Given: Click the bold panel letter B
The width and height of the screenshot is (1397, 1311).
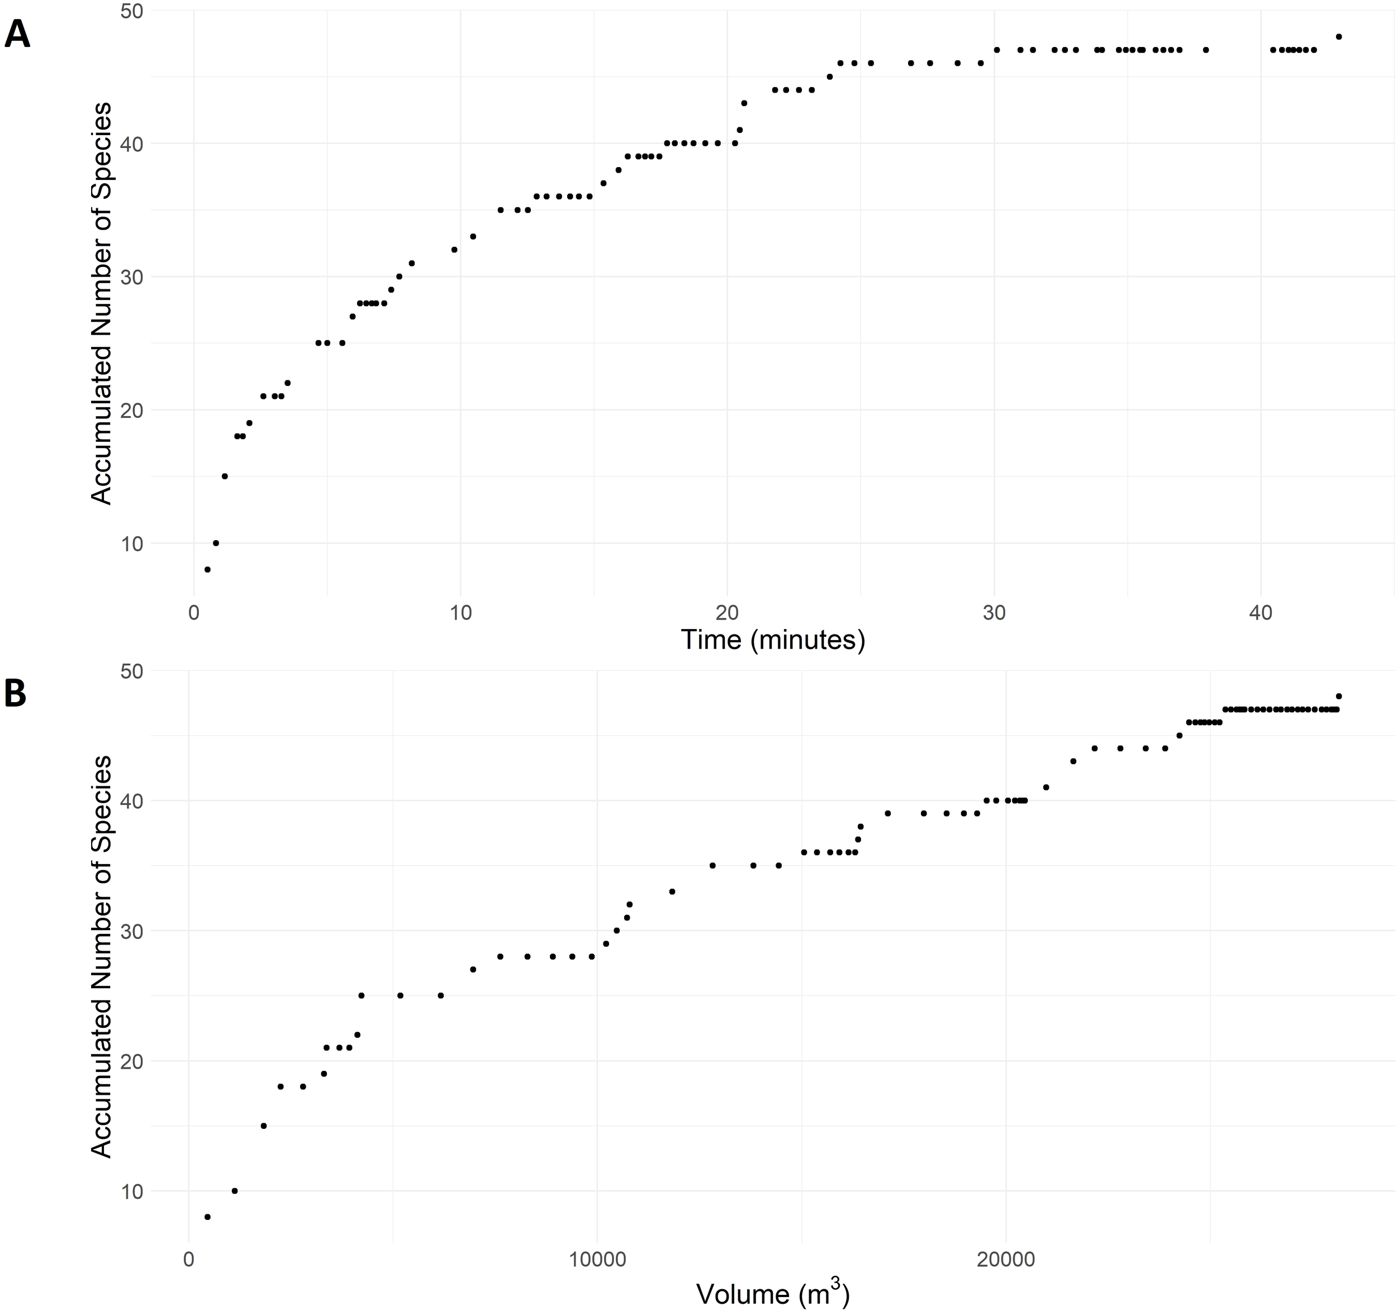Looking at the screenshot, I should tap(16, 693).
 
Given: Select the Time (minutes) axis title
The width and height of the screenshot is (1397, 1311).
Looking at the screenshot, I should tap(772, 640).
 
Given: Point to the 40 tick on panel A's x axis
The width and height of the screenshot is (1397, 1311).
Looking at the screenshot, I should tap(1261, 613).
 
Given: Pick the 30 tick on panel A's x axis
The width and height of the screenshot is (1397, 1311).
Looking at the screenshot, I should tap(994, 613).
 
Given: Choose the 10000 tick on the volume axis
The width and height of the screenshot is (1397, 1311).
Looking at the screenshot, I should tap(597, 1259).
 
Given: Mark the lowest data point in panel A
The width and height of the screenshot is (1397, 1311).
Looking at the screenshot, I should tap(207, 569).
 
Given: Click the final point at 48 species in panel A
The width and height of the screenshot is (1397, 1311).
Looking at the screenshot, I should tap(1339, 36).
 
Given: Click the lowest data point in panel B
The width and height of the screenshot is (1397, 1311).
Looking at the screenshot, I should tap(207, 1217).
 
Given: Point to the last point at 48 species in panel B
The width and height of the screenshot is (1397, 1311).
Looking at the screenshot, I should tap(1339, 696).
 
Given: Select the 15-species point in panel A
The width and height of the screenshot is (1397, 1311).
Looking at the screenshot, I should tap(225, 476).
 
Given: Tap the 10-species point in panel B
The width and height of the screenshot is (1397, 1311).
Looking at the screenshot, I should tap(235, 1191).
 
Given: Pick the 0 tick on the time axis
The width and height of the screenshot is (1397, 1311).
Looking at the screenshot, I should tap(193, 613).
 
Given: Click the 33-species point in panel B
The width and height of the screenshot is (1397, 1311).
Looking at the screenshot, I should tap(672, 892).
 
